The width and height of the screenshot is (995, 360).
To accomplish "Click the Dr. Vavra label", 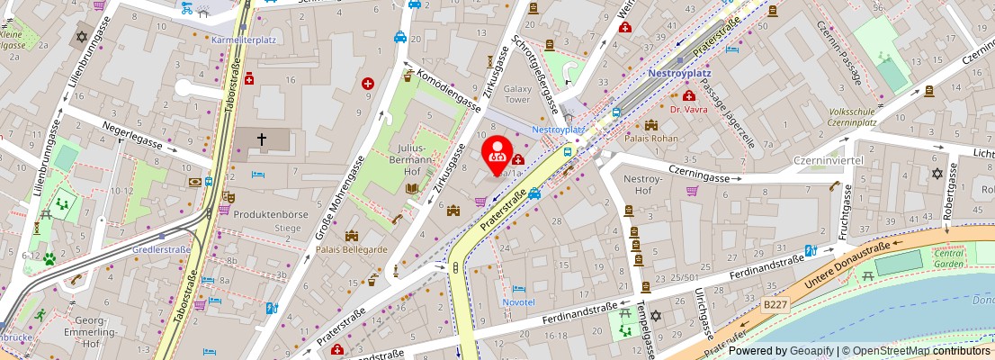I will pos(690,109).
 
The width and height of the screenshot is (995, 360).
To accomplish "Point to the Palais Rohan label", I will pos(651,139).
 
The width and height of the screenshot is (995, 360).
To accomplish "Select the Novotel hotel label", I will pos(518,302).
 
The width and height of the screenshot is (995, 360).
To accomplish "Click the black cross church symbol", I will pos(263,139).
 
